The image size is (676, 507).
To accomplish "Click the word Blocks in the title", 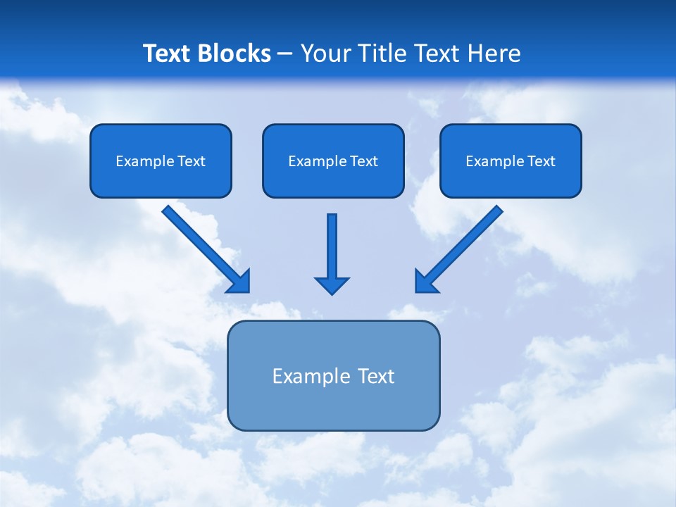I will pyautogui.click(x=234, y=54).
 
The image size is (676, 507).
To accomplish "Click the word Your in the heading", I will pyautogui.click(x=325, y=54).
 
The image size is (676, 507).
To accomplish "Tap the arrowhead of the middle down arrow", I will pyautogui.click(x=332, y=285).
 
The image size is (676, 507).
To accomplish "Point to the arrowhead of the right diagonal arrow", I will pyautogui.click(x=425, y=282).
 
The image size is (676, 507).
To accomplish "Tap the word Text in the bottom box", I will pyautogui.click(x=377, y=376).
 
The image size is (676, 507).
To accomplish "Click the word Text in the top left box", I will pyautogui.click(x=191, y=161).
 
